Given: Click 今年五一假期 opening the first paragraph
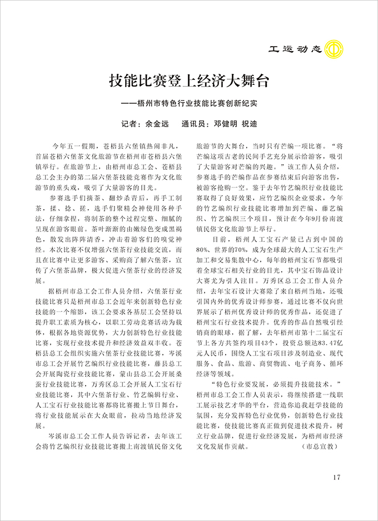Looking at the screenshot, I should (71, 144).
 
